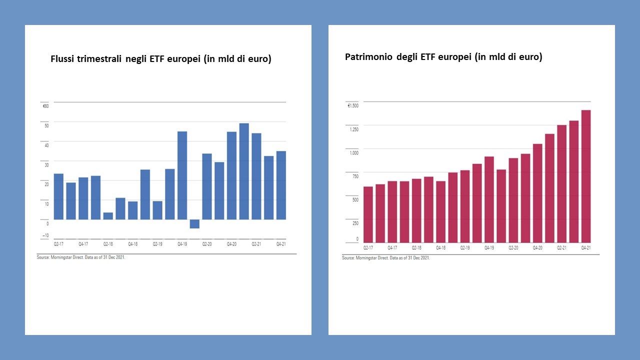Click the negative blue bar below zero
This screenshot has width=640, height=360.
click(194, 223)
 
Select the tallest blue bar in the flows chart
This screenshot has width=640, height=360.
click(244, 171)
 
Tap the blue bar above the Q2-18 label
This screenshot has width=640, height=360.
click(108, 215)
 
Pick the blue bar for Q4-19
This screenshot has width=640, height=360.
click(182, 175)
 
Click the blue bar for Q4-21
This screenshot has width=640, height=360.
click(281, 185)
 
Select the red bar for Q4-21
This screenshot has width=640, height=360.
click(586, 176)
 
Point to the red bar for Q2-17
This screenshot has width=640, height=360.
click(368, 214)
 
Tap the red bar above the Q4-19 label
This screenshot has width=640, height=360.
click(489, 199)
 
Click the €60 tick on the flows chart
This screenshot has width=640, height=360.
click(45, 105)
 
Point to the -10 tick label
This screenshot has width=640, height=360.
click(45, 235)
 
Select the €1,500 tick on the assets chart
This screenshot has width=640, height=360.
click(353, 105)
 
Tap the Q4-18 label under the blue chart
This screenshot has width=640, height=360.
click(133, 244)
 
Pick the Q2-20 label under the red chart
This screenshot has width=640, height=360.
click(513, 247)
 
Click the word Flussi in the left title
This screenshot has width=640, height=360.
click(63, 59)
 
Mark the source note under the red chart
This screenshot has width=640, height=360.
click(385, 258)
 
